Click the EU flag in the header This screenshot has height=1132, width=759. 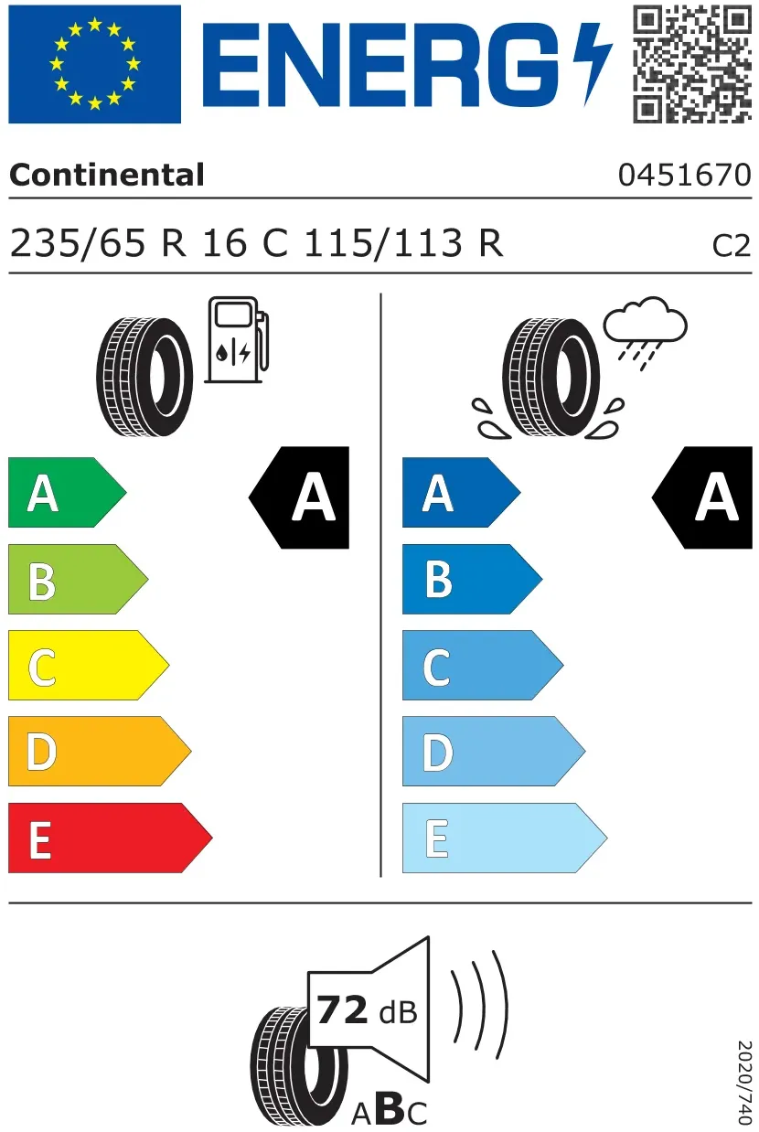tap(94, 64)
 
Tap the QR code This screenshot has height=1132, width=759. tap(692, 64)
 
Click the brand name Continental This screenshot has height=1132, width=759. tap(107, 175)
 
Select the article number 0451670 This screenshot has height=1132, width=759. tap(685, 175)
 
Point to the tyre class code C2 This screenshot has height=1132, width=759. tap(732, 246)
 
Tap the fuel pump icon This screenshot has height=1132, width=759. tap(237, 339)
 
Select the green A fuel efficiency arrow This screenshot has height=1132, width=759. tap(67, 492)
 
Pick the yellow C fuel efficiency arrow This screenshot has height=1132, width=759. tap(89, 665)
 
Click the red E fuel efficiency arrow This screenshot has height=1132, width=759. tap(111, 838)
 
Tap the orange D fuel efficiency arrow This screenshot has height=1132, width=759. tap(100, 751)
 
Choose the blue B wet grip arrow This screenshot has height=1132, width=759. tap(473, 579)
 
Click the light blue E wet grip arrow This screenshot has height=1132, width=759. tap(505, 838)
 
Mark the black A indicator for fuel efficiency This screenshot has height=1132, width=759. tap(299, 497)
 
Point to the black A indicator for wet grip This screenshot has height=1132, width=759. tap(702, 497)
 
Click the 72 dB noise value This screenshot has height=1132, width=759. tap(368, 1010)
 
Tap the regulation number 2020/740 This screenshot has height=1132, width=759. tap(744, 1083)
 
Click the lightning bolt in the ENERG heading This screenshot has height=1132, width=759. tap(593, 64)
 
